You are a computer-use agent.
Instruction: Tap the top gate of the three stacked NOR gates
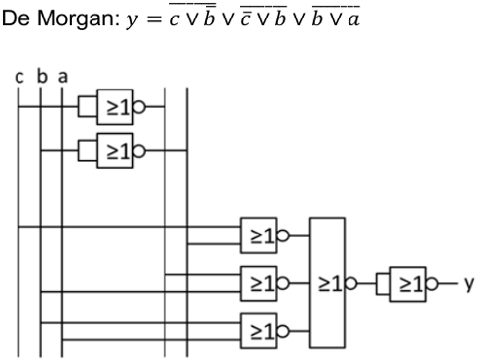(x=260, y=234)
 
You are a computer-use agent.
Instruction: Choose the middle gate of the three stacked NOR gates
(x=260, y=286)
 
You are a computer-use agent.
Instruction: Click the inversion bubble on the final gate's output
(x=436, y=286)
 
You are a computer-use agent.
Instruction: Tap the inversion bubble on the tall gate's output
(x=362, y=286)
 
